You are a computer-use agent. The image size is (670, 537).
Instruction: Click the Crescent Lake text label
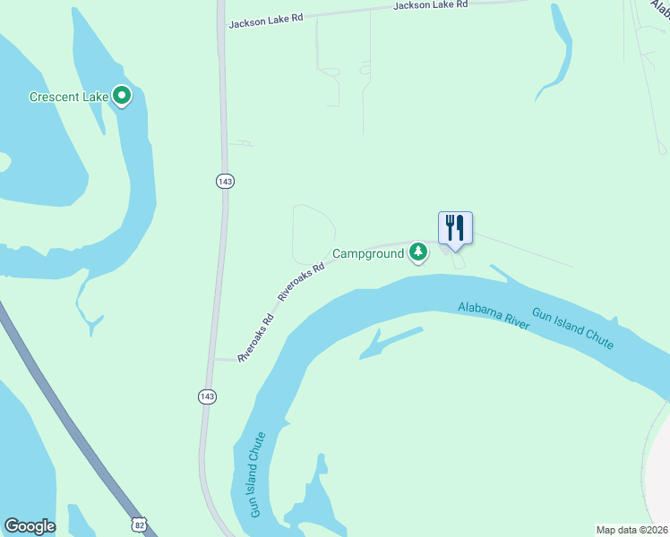tap(68, 97)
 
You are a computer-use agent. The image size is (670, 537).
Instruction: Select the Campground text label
tap(368, 254)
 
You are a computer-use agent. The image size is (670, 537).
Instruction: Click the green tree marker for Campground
tap(417, 253)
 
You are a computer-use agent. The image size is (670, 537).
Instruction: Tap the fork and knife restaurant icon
tap(455, 227)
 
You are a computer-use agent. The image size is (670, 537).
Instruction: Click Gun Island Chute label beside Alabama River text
tap(572, 328)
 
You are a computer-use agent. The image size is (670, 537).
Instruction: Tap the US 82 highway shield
tap(136, 523)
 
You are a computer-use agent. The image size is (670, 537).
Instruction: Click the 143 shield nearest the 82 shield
tap(207, 396)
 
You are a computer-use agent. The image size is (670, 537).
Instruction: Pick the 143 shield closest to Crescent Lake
tap(225, 181)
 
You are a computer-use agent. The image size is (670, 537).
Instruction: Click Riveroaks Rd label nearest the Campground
tap(301, 281)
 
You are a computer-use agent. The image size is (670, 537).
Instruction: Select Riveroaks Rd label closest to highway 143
tap(256, 339)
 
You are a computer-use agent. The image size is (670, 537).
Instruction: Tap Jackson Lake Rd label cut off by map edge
tap(431, 5)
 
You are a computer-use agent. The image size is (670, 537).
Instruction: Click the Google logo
tap(30, 526)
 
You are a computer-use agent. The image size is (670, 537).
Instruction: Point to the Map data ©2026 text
tap(631, 530)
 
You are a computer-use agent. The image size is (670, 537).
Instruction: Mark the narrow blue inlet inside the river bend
tap(391, 342)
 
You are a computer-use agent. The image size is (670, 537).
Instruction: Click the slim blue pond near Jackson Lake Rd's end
tap(556, 54)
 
